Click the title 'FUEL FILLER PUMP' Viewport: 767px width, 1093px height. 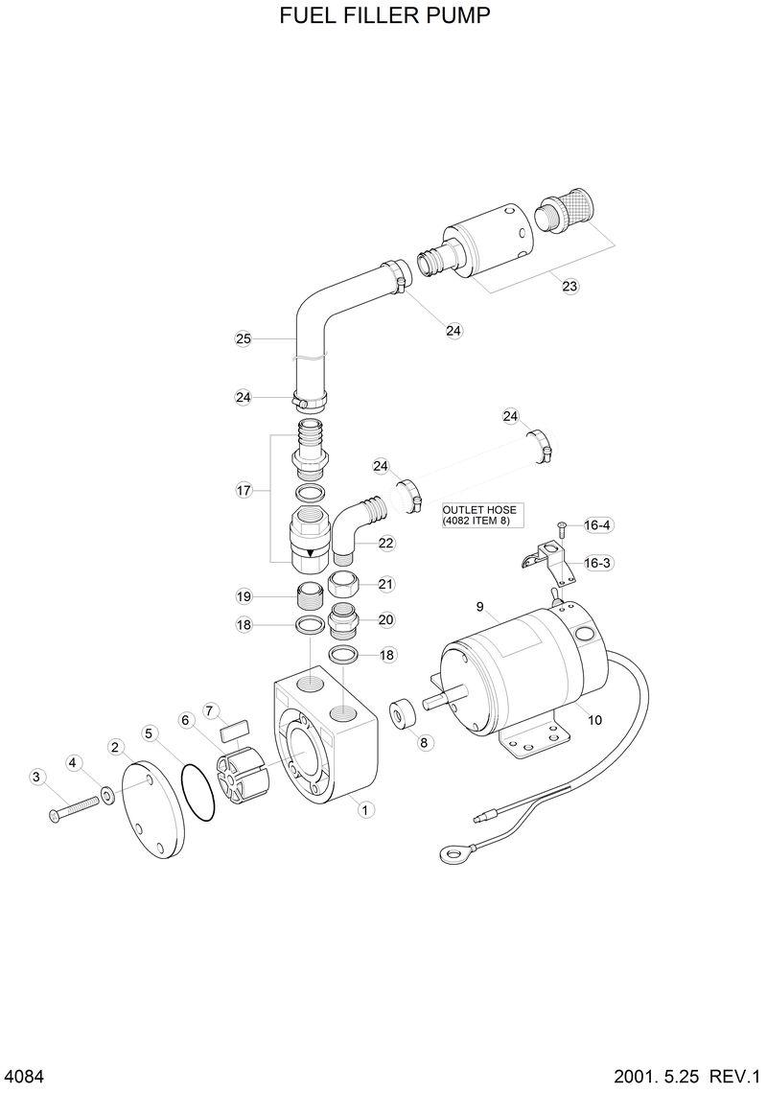[384, 16]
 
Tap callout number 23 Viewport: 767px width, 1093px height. [569, 286]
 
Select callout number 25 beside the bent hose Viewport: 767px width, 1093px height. [244, 337]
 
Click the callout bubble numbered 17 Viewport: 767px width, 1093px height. [244, 490]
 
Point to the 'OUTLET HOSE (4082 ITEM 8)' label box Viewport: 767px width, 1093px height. [476, 515]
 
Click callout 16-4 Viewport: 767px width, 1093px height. [597, 524]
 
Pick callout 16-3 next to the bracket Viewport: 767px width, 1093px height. [597, 563]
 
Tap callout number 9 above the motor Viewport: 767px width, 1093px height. [481, 606]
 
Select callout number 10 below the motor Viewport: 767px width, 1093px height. [594, 720]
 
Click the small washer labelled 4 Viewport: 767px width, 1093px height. [107, 794]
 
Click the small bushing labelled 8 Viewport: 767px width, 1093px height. [404, 713]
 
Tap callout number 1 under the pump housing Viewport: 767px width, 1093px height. [364, 809]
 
